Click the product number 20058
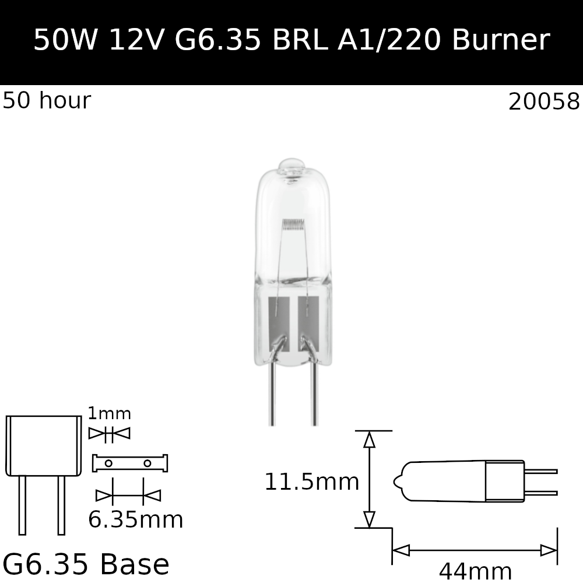(x=544, y=103)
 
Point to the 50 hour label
(x=47, y=101)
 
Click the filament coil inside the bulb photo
(x=293, y=223)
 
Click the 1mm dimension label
(x=109, y=414)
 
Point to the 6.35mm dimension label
(x=135, y=520)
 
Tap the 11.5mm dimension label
(x=311, y=483)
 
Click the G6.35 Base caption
(x=86, y=564)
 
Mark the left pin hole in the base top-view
(x=108, y=463)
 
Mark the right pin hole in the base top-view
(x=147, y=463)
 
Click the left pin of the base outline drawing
(x=22, y=505)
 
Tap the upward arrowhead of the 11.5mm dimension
(x=369, y=440)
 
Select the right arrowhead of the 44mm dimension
(x=549, y=550)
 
